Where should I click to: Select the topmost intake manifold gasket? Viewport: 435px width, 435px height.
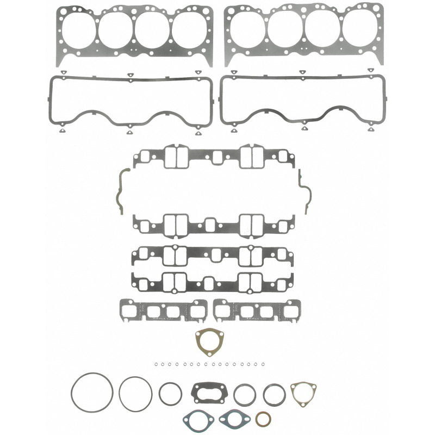[214, 157]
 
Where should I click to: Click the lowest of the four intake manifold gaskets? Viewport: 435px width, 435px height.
[214, 281]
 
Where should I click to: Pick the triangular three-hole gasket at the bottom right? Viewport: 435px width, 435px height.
[303, 393]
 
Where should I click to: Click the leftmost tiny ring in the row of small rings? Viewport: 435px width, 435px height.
[155, 364]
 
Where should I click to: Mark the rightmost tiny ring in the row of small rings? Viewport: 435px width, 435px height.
[263, 364]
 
